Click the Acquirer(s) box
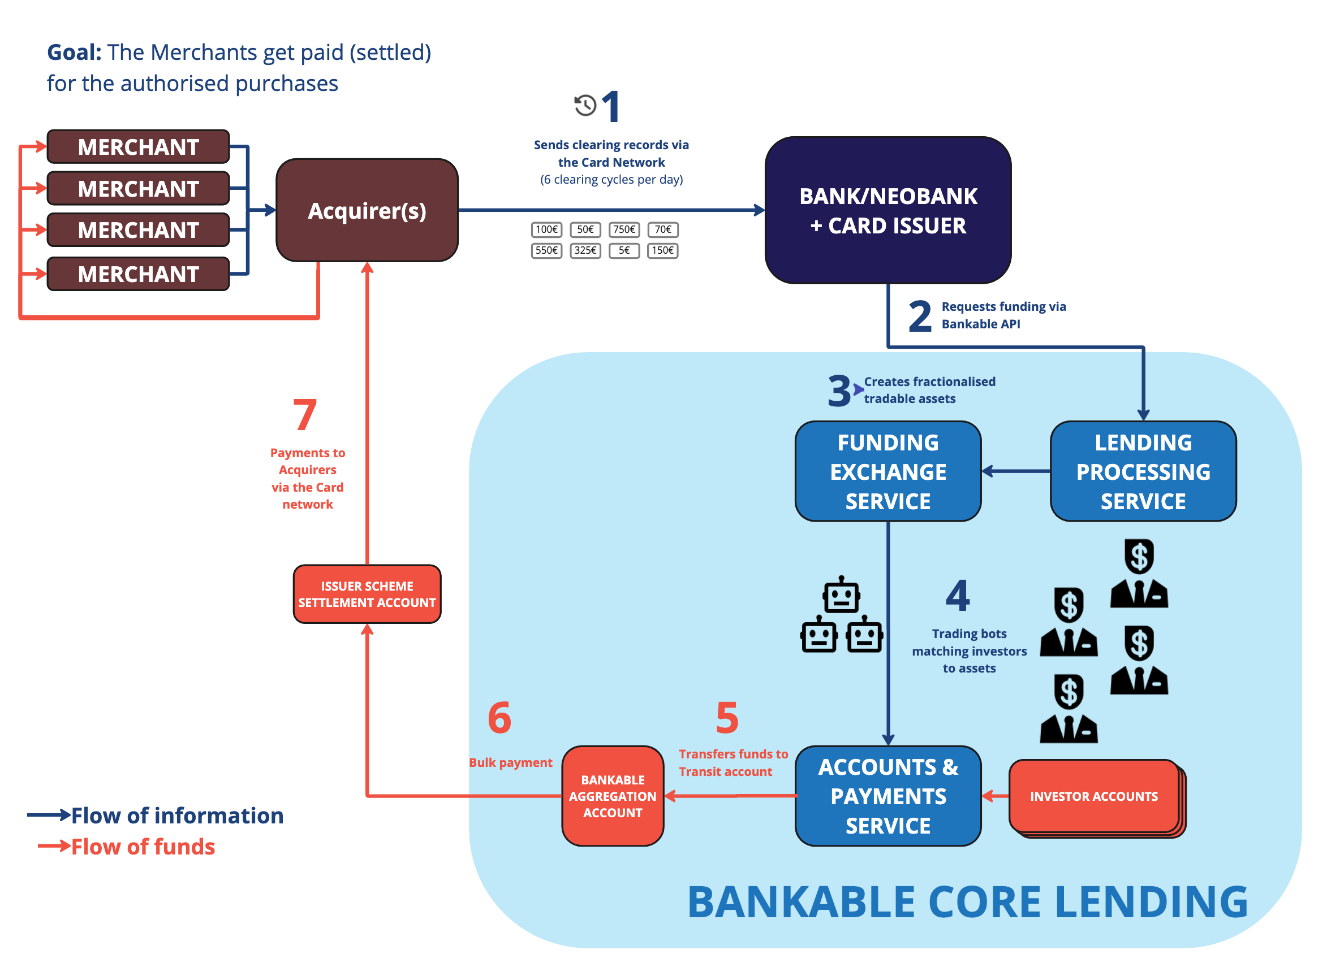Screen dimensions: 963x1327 pos(367,210)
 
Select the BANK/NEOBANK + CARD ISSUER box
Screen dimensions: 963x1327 pos(887,210)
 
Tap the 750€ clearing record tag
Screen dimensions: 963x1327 pos(624,229)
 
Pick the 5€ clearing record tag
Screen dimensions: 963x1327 pos(624,250)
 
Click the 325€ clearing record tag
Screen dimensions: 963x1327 pos(585,250)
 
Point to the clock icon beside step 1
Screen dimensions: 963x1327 pos(584,105)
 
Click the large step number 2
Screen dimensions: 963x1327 pos(920,316)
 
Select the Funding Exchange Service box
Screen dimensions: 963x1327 pos(887,471)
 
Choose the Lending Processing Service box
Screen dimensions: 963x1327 pos(1143,471)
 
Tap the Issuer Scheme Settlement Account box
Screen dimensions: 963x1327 pos(367,594)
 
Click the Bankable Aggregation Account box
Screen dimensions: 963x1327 pos(613,796)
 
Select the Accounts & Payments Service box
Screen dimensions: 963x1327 pos(887,796)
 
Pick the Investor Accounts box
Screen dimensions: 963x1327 pos(1093,796)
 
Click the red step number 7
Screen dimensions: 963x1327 pos(305,414)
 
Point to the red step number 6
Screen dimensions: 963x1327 pos(499,717)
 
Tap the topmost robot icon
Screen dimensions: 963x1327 pos(841,595)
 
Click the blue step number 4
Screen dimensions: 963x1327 pos(958,595)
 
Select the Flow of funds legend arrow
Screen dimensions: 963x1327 pos(54,845)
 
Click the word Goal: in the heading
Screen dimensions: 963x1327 pos(74,53)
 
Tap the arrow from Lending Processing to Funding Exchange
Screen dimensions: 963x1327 pos(1016,471)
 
